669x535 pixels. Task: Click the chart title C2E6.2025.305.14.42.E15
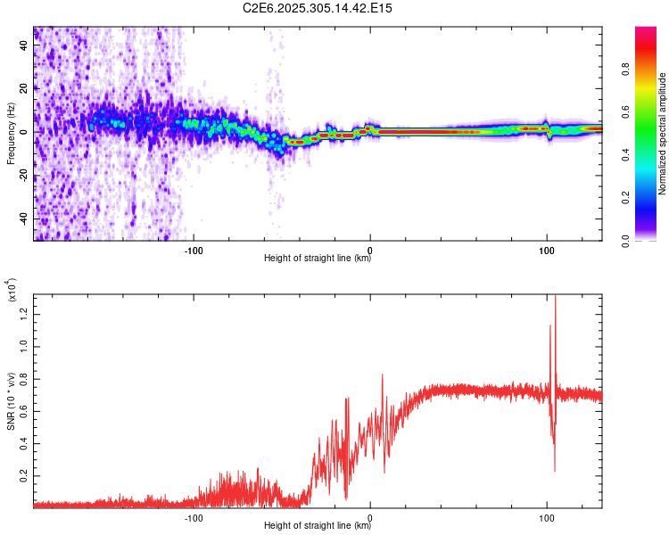(318, 8)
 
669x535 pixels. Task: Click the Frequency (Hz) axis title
(11, 134)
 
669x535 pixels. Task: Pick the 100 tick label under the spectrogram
(546, 250)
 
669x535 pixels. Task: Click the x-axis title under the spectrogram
(318, 259)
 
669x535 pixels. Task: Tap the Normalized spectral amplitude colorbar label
(662, 134)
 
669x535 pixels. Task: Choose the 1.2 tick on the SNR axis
(25, 311)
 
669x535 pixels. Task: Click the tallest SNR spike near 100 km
(555, 298)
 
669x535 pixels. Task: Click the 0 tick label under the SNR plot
(370, 517)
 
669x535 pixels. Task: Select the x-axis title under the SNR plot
(318, 527)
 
